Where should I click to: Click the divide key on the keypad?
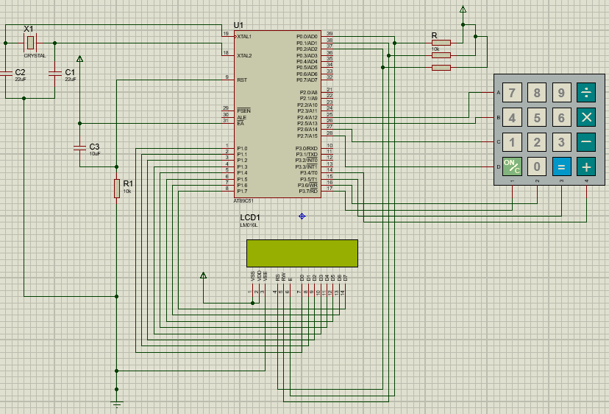[586, 93]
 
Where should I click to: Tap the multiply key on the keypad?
[586, 117]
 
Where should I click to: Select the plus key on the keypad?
[586, 166]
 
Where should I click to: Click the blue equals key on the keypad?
[562, 166]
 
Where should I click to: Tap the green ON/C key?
[512, 166]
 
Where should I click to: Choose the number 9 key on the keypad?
[562, 93]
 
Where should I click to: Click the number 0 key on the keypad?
[537, 166]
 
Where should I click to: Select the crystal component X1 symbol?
[30, 43]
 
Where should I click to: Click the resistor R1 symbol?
[116, 189]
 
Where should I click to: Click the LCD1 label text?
[250, 217]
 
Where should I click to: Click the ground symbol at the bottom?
[116, 403]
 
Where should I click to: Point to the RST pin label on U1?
[241, 80]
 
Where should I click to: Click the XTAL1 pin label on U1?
[243, 36]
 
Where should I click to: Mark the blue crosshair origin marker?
[302, 216]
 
